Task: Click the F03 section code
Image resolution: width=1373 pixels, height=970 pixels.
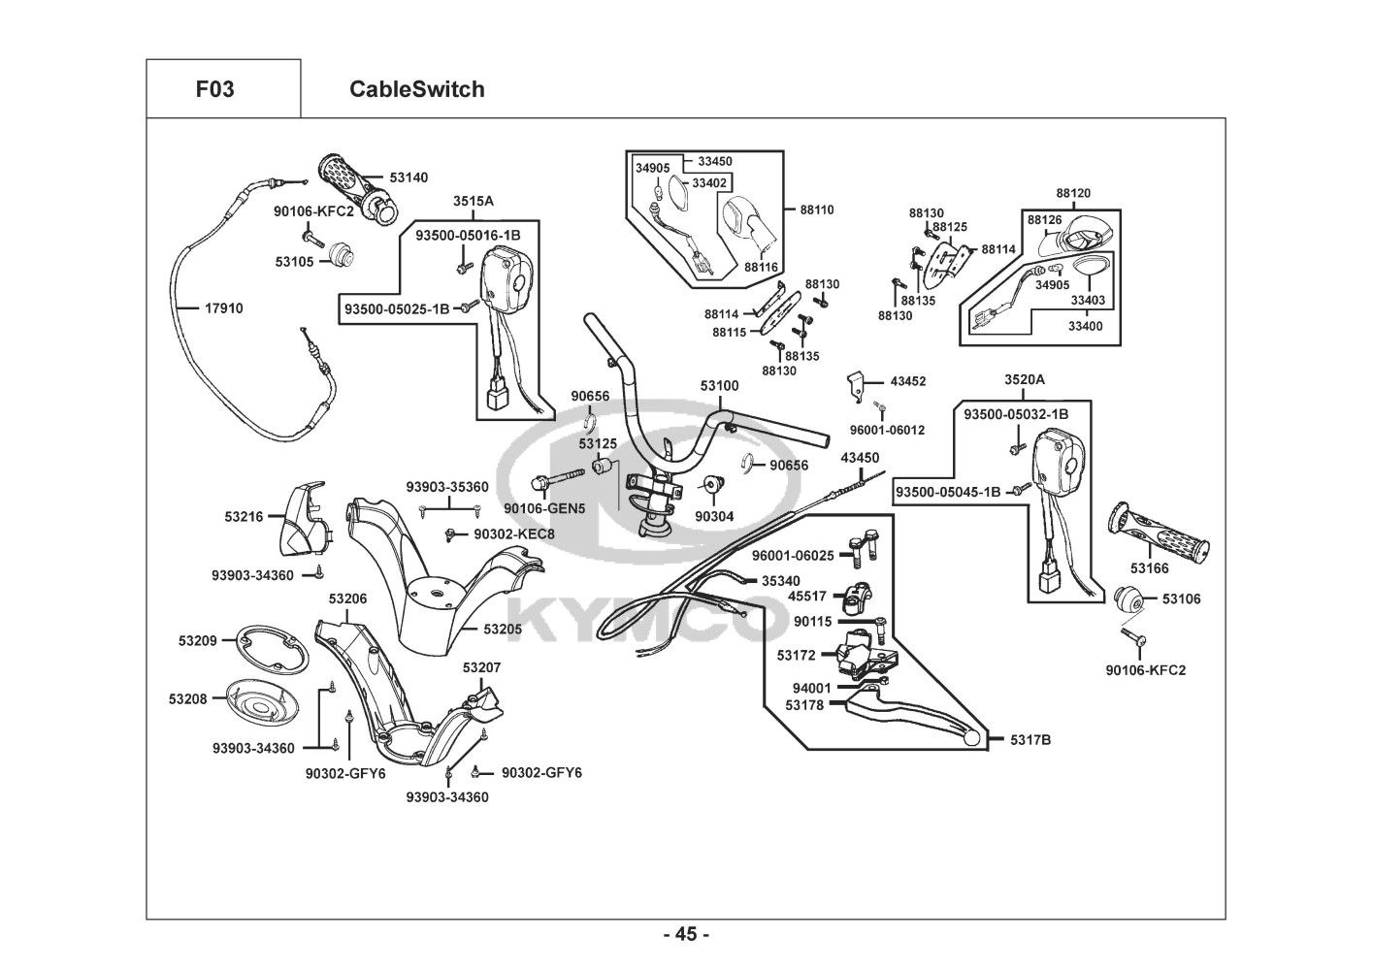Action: point(214,89)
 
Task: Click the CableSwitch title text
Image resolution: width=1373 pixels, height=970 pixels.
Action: point(416,89)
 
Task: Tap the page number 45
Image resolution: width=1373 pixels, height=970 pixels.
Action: point(686,934)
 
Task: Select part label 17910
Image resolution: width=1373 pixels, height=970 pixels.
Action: point(223,308)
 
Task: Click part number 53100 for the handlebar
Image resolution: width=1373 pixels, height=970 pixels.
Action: point(719,385)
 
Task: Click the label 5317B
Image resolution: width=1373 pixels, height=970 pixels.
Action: point(1030,740)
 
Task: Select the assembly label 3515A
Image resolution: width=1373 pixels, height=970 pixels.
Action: point(474,201)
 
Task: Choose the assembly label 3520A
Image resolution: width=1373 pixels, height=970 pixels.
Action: point(1024,378)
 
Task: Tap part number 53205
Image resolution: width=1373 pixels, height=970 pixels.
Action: point(503,629)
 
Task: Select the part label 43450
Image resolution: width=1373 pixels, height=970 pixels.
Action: point(860,457)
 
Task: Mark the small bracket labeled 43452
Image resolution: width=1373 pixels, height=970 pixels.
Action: point(854,384)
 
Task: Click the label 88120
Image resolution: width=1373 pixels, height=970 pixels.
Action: point(1072,193)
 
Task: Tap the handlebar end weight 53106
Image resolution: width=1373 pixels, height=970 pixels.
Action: point(1128,599)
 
